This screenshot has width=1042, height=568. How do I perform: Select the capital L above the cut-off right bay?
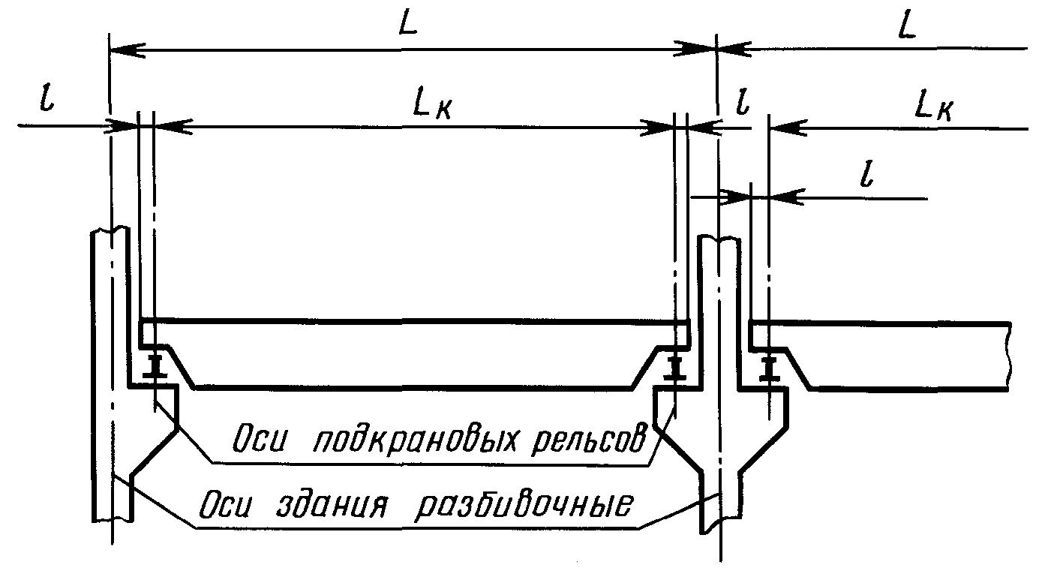click(907, 27)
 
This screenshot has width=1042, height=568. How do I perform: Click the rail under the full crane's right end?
click(675, 368)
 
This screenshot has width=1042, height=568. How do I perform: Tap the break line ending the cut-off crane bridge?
click(1008, 356)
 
